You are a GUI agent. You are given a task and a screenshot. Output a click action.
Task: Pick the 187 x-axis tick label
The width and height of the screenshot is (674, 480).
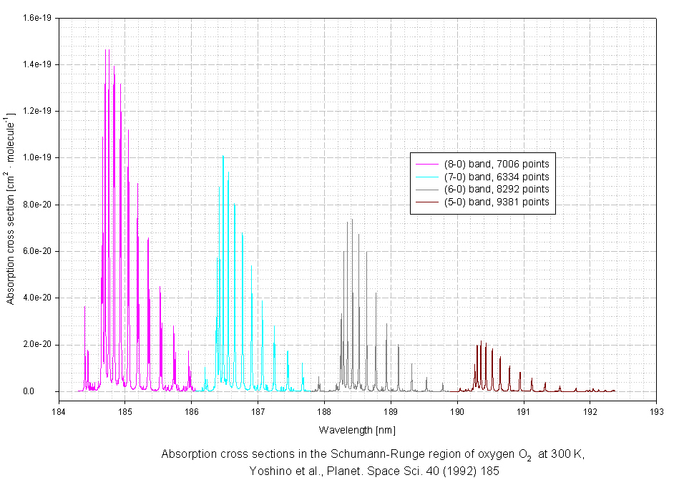pos(258,412)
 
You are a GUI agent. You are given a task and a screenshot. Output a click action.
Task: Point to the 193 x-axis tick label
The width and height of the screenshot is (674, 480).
pos(656,412)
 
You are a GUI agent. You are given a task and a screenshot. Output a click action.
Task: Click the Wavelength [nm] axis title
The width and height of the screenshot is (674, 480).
pos(357,430)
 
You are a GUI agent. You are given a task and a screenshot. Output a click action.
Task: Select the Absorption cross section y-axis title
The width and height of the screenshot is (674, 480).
pos(11,207)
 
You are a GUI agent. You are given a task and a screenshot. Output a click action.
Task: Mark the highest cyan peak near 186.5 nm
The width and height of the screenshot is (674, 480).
pos(223,156)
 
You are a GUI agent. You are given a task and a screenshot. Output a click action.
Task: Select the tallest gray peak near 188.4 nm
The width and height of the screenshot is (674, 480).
pos(352,219)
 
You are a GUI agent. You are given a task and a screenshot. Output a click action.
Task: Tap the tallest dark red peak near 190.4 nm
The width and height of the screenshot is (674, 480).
pos(482,341)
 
